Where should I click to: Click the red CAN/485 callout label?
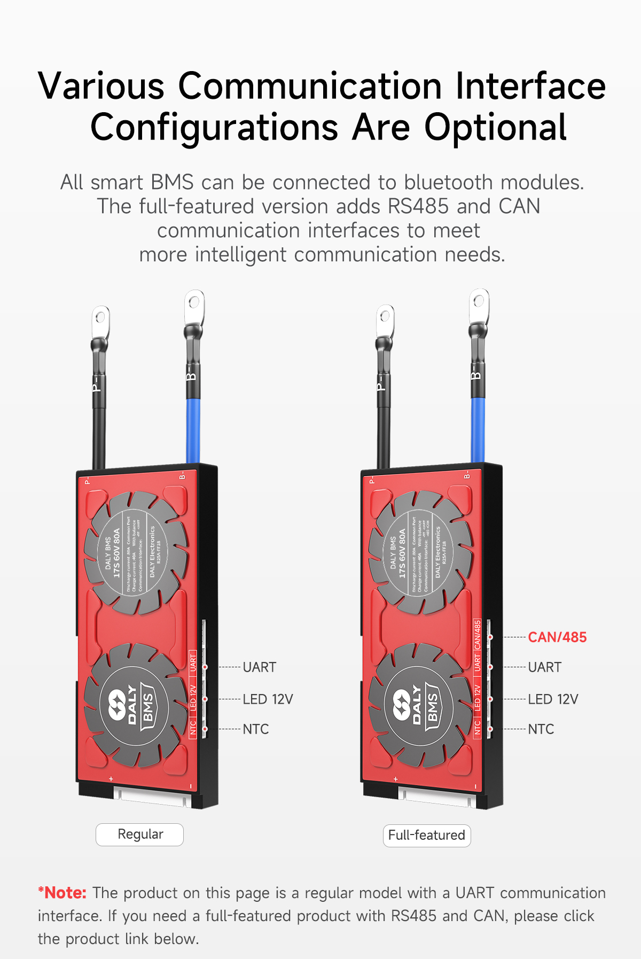coord(557,637)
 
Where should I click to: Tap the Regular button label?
coord(140,835)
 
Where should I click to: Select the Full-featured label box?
coord(427,836)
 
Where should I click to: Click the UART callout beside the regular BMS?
coord(260,667)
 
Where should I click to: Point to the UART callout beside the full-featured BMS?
coord(545,667)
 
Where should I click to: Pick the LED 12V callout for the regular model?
coord(268,699)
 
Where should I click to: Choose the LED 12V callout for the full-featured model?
coord(553,699)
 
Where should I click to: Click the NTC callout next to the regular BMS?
coord(256,729)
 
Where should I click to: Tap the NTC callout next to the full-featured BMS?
coord(541,729)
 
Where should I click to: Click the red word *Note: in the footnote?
coord(62,893)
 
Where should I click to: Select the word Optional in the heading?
coord(495,128)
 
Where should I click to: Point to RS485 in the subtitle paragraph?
coord(418,207)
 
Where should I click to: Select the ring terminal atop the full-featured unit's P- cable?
coord(385,320)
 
